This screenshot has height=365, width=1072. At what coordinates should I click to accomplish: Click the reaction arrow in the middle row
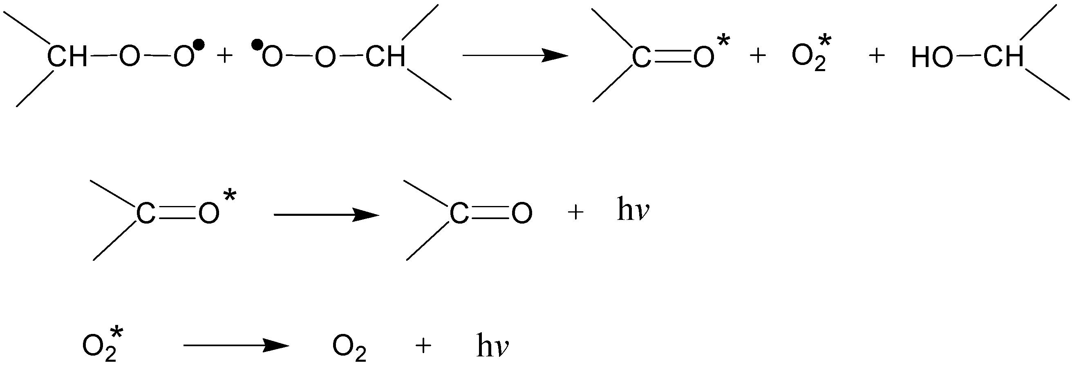pos(326,215)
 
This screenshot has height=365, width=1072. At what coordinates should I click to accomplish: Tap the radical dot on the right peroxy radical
pos(257,43)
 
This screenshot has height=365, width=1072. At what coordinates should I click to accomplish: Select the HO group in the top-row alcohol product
pos(931,58)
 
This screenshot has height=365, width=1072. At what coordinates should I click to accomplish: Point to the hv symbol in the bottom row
pos(493,345)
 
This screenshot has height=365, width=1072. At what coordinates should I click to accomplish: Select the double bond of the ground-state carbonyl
pos(490,213)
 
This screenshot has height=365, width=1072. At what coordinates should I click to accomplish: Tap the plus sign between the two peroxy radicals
pos(225,56)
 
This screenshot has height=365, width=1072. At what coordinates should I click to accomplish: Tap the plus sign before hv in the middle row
pos(575,213)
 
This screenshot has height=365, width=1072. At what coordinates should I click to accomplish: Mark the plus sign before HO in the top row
pos(876,56)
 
